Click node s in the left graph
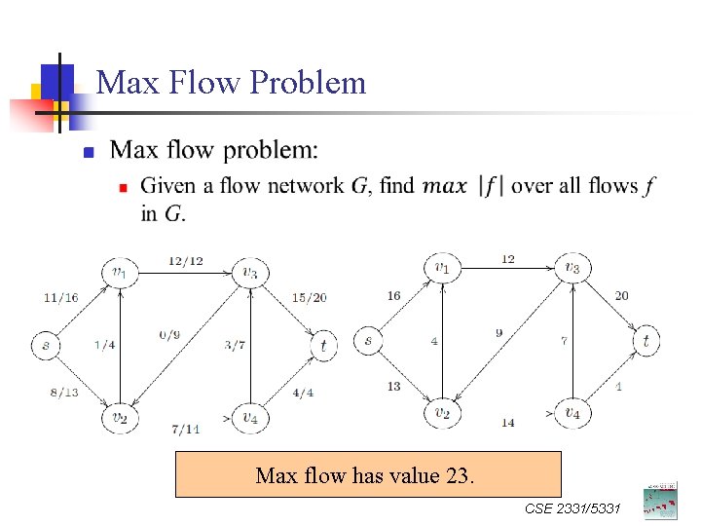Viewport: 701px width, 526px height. coord(45,344)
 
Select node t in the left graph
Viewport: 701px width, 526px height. coord(323,344)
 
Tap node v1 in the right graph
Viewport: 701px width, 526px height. coord(442,267)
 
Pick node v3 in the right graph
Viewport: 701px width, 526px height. coord(572,267)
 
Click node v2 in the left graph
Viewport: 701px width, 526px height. coord(118,418)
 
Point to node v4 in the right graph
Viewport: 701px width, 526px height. coord(572,413)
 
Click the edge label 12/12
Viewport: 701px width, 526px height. coord(185,260)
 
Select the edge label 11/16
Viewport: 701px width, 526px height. coord(60,297)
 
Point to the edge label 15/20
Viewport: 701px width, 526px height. coord(309,297)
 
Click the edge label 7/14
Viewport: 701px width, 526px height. coord(185,429)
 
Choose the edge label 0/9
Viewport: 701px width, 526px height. coord(169,336)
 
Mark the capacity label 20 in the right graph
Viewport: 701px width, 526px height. coord(621,295)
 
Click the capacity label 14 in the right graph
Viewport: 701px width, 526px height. coord(507,423)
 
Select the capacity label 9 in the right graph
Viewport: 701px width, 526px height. coord(498,333)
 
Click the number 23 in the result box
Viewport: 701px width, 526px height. coord(457,476)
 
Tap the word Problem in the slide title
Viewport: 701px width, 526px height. coord(308,83)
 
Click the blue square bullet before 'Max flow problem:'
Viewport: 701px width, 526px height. coord(88,153)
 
